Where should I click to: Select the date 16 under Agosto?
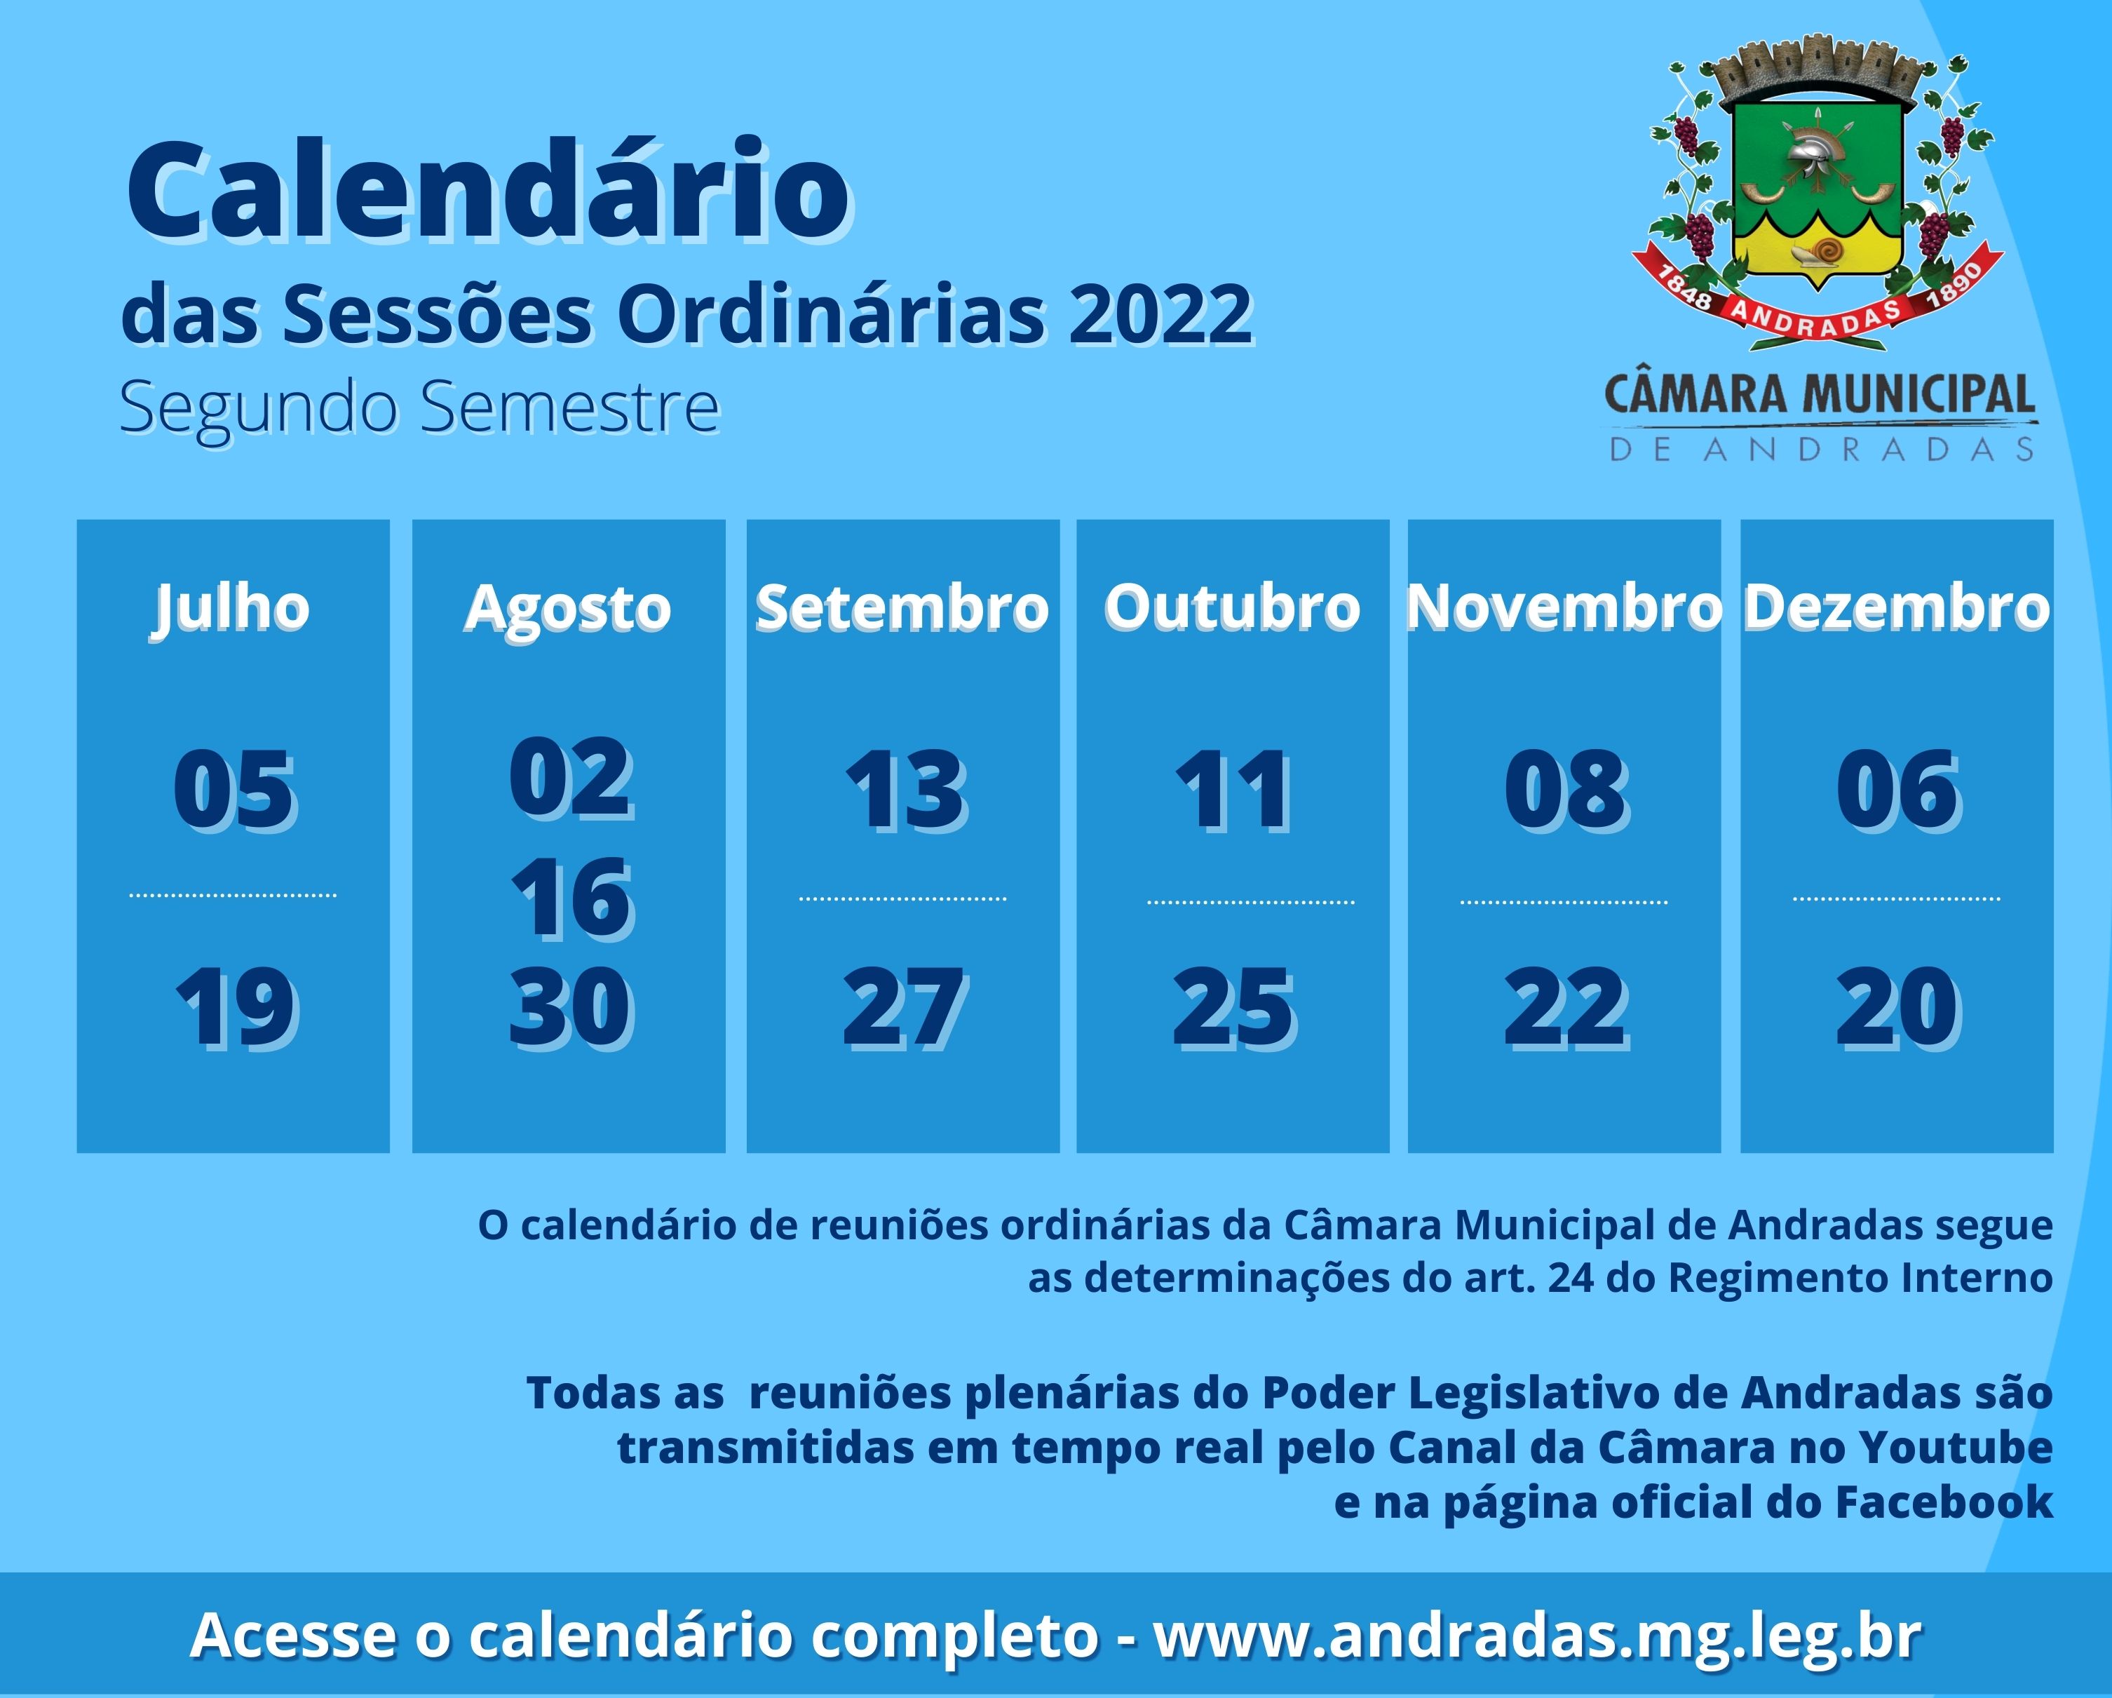pyautogui.click(x=571, y=898)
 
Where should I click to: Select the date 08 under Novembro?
pyautogui.click(x=1565, y=790)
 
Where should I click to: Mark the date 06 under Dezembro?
pyautogui.click(x=1897, y=790)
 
